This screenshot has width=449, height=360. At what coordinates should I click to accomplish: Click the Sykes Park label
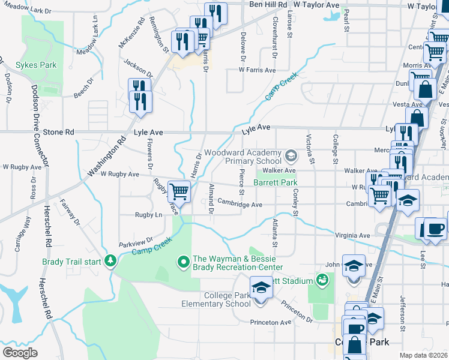click(36, 64)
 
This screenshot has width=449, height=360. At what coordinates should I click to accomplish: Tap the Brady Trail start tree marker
click(110, 261)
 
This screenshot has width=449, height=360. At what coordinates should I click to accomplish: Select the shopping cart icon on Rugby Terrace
click(179, 192)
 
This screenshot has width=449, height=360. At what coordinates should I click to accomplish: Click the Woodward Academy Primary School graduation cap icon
click(291, 157)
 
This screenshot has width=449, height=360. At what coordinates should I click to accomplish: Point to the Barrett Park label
click(276, 182)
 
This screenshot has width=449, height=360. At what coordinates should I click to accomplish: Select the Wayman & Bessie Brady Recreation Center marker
click(183, 262)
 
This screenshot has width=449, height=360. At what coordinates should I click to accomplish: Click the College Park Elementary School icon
click(261, 289)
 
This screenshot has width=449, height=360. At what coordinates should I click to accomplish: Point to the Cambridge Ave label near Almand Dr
click(240, 205)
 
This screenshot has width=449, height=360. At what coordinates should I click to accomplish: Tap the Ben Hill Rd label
click(268, 5)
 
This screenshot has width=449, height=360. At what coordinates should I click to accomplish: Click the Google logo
click(20, 352)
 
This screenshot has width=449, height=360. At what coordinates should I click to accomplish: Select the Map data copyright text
click(424, 355)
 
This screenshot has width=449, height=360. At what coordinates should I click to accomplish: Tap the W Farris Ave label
click(257, 70)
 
